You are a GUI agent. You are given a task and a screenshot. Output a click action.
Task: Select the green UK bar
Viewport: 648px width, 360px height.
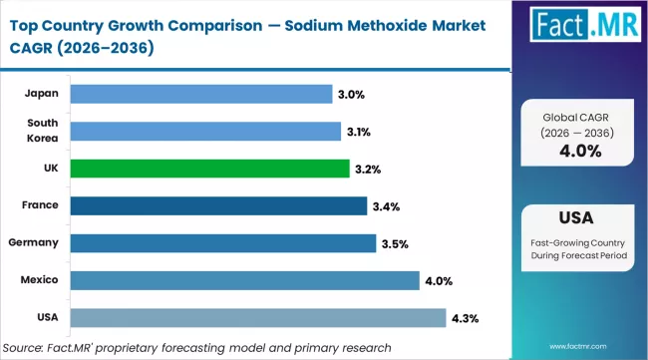click(209, 169)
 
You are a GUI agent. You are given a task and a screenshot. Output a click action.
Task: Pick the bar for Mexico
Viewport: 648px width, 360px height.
click(244, 280)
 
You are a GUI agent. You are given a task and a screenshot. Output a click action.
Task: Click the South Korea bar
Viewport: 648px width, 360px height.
click(205, 131)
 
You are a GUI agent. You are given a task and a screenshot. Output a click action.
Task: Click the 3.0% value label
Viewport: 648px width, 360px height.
click(352, 94)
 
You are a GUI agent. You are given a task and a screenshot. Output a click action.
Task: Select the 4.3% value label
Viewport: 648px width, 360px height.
click(465, 318)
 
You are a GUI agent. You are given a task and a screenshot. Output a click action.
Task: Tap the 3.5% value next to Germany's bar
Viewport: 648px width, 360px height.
click(396, 243)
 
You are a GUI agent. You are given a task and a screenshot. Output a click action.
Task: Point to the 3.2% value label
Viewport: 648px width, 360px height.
click(368, 170)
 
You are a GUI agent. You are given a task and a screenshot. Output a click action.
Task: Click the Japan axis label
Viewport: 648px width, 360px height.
click(42, 94)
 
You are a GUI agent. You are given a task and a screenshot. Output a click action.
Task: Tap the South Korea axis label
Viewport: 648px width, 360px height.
click(42, 131)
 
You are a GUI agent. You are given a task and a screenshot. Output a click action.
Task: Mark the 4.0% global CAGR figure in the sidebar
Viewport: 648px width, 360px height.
click(579, 152)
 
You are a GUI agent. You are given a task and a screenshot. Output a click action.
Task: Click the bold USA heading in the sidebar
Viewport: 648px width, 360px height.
click(579, 218)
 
